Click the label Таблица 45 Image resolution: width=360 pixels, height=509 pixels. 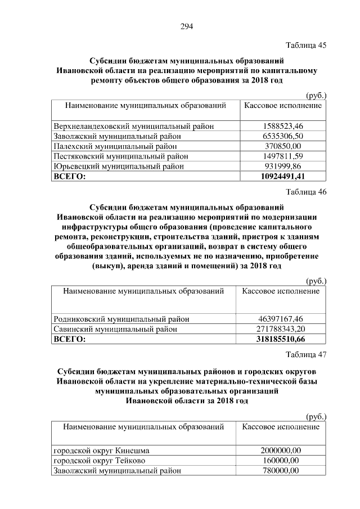tap(306, 45)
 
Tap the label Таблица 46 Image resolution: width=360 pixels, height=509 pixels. tap(306, 192)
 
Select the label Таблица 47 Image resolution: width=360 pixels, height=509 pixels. tap(306, 354)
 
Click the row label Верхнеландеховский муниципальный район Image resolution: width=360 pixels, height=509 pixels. tap(133, 126)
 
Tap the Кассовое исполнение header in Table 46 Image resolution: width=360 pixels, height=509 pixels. tap(281, 291)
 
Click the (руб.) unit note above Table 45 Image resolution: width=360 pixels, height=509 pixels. tap(315, 96)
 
